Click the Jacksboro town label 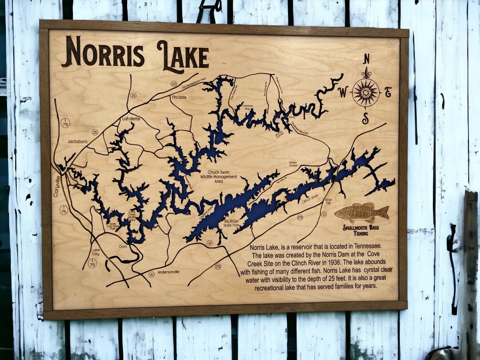click(x=77, y=141)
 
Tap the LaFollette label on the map click(x=131, y=119)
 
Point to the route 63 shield click(x=174, y=84)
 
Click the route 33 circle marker click(x=324, y=214)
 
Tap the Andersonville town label click(x=168, y=272)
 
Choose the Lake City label click(x=96, y=252)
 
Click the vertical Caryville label click(x=57, y=187)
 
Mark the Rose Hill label click(x=328, y=201)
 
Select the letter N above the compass click(x=366, y=59)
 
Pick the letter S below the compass click(x=365, y=118)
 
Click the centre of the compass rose click(x=366, y=92)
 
